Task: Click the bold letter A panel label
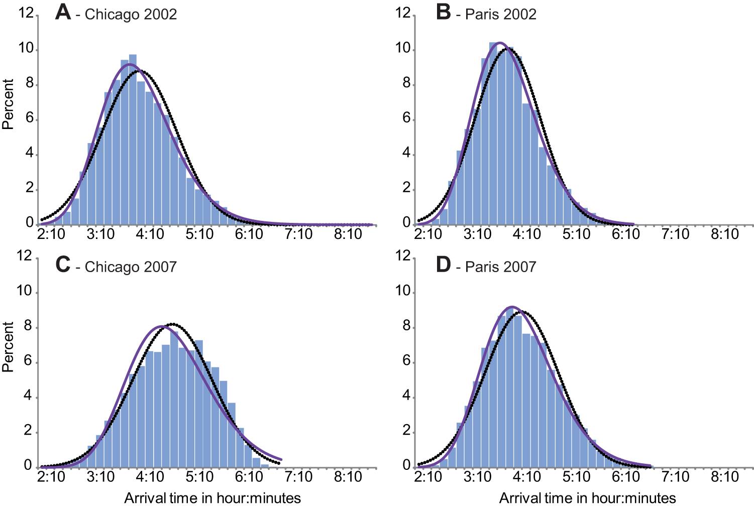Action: pos(63,12)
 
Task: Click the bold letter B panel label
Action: pos(444,12)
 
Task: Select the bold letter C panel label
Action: pos(63,264)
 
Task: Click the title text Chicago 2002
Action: pos(131,14)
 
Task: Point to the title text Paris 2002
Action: pos(501,14)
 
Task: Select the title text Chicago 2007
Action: pos(131,267)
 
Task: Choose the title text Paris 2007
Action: pos(501,267)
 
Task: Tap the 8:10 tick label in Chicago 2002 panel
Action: pos(348,234)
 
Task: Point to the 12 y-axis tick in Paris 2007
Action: pos(403,257)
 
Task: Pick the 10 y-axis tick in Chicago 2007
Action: pos(26,292)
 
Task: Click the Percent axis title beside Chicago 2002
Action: pos(8,104)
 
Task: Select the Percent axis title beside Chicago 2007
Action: pos(8,347)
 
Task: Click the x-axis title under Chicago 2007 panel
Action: pos(212,498)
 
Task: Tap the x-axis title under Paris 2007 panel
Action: pos(587,498)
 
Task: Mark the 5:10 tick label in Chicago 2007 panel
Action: pos(200,475)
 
